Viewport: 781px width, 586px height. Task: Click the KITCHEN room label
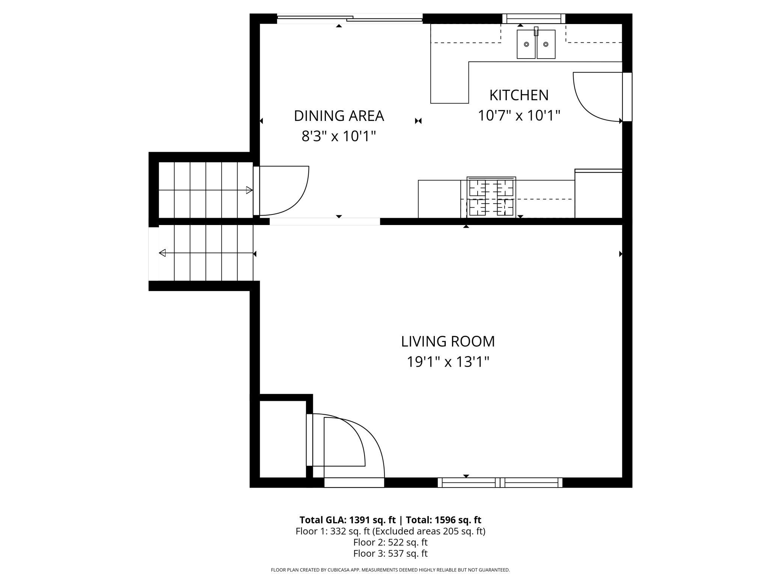coord(519,95)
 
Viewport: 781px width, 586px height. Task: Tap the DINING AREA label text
coord(339,116)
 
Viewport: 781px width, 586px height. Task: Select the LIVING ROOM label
coord(448,341)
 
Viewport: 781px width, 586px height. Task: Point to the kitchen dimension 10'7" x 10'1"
coord(519,116)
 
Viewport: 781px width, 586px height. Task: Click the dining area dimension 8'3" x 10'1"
coord(339,136)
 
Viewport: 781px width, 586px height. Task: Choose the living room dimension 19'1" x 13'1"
coord(448,362)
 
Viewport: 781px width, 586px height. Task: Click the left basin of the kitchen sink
coord(526,44)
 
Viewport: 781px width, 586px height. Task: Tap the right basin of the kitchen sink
coord(546,44)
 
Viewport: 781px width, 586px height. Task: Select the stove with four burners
coord(491,197)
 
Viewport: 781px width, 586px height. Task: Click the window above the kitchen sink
coord(534,18)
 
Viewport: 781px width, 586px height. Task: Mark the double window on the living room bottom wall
coord(500,482)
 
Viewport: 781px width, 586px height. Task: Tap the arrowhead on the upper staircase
coord(249,190)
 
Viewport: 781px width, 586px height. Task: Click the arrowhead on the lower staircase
coord(162,253)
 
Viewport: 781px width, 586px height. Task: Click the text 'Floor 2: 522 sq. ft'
coord(390,542)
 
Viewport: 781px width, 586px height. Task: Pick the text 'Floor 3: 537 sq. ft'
coord(390,553)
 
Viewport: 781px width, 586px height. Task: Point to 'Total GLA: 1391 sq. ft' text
coord(347,520)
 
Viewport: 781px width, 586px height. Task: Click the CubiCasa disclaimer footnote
coord(390,570)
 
